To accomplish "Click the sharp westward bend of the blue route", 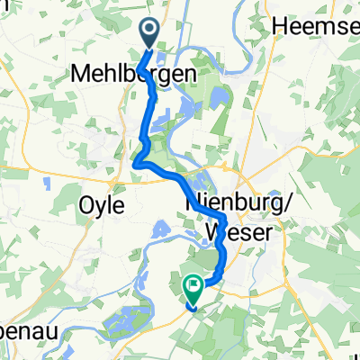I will [x=136, y=163].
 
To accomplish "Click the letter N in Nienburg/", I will [x=191, y=204].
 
